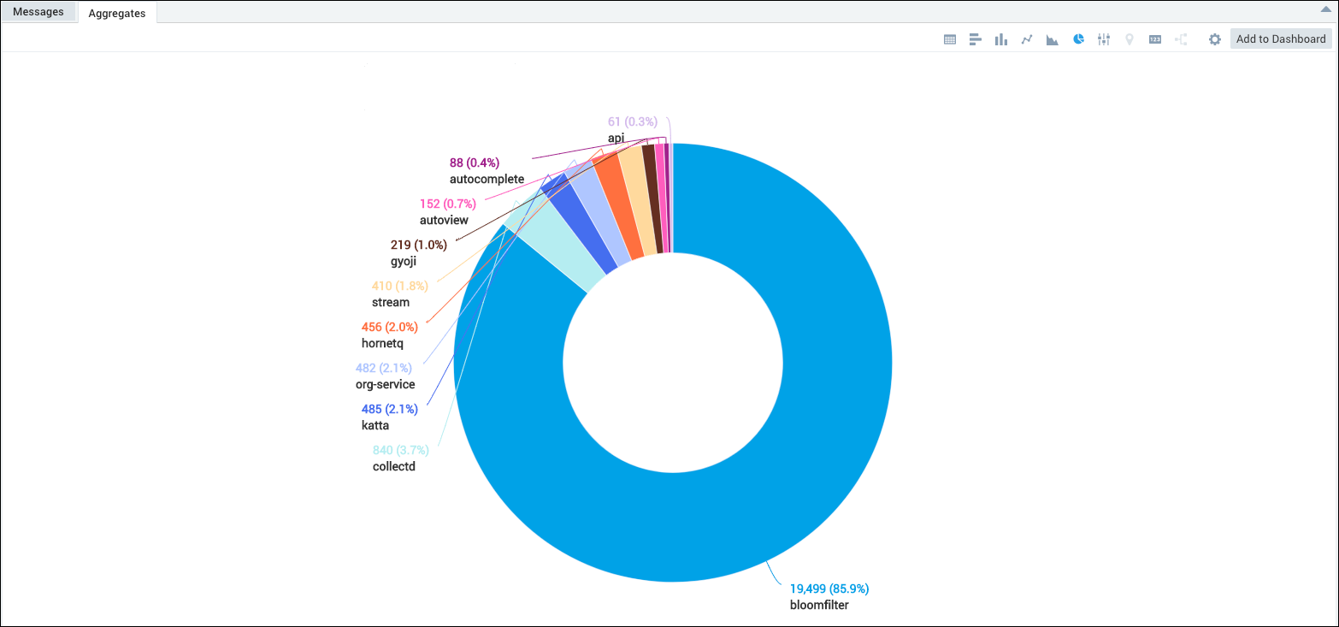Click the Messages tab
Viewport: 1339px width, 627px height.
pos(38,12)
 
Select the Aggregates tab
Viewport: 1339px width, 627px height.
pos(117,13)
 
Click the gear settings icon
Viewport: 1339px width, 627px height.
pos(1214,39)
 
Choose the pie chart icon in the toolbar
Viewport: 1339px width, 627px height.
pos(1079,39)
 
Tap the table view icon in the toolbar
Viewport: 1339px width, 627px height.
pos(949,39)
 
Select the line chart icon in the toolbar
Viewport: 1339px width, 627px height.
pos(1027,39)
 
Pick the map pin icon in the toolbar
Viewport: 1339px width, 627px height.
pos(1130,39)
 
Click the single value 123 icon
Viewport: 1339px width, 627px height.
pos(1155,39)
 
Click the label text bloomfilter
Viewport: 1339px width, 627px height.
pos(819,606)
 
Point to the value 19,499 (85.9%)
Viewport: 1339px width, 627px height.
pos(829,589)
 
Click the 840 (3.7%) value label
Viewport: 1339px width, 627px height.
pos(400,450)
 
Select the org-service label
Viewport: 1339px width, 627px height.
pos(385,385)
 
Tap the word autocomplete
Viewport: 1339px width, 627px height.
pos(487,180)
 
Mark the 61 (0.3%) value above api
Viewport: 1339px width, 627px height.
pos(632,121)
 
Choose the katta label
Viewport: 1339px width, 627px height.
pos(375,425)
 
